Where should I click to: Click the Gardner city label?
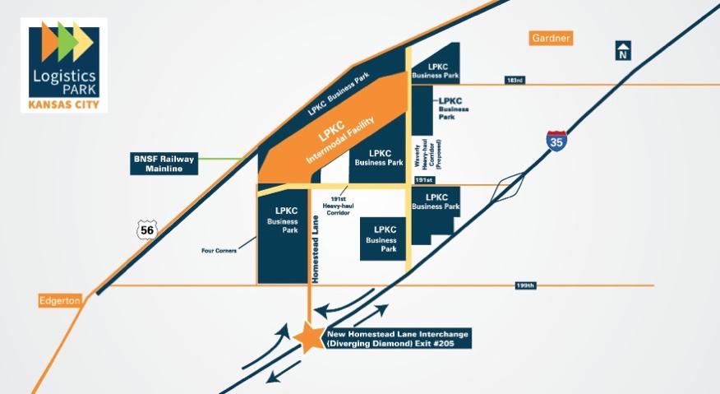pyautogui.click(x=551, y=38)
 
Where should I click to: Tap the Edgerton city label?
pyautogui.click(x=60, y=301)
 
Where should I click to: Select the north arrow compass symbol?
pyautogui.click(x=624, y=50)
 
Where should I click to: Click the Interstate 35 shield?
pyautogui.click(x=556, y=141)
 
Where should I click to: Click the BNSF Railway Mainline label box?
pyautogui.click(x=164, y=163)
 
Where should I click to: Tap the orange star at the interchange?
pyautogui.click(x=309, y=337)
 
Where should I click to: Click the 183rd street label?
pyautogui.click(x=515, y=80)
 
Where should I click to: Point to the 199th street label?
pyautogui.click(x=525, y=285)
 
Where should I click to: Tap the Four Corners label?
pyautogui.click(x=218, y=250)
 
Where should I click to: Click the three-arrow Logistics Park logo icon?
pyautogui.click(x=62, y=38)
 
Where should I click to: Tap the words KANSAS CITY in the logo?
pyautogui.click(x=63, y=104)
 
